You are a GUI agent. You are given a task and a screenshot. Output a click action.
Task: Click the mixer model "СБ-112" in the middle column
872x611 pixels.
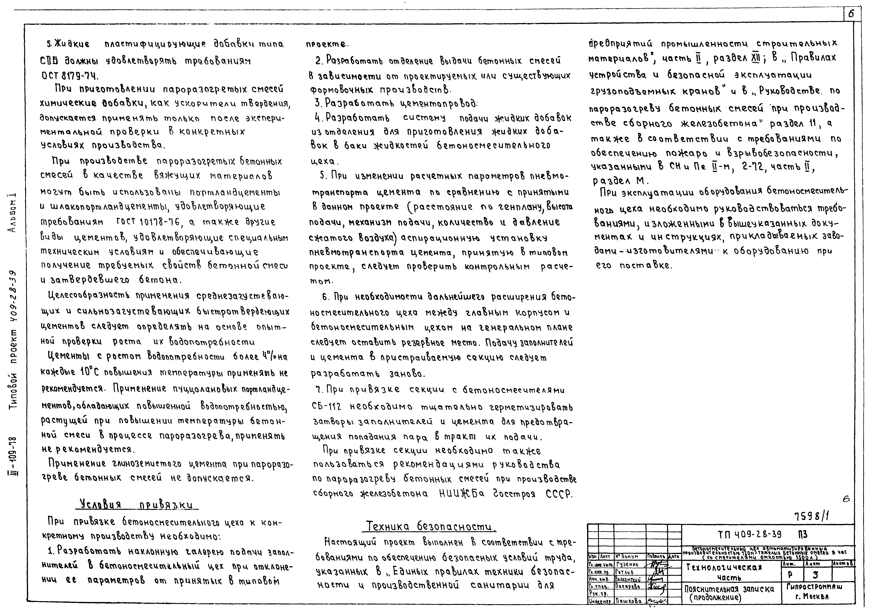point(326,407)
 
